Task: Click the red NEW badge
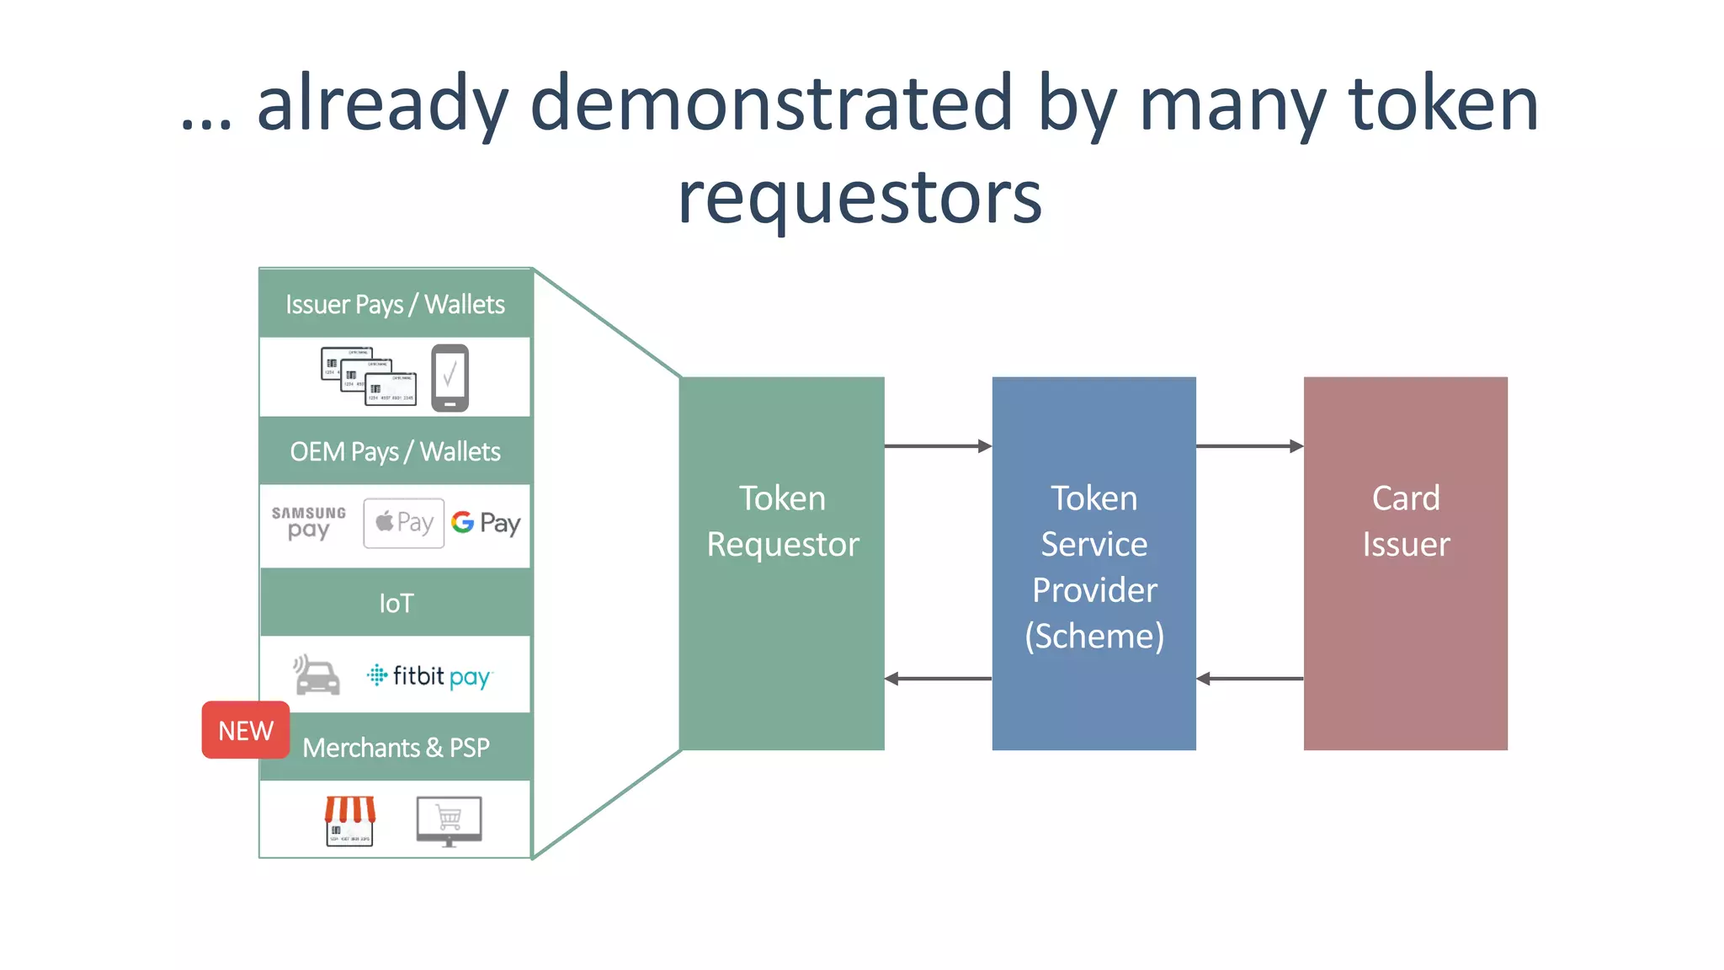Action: [245, 730]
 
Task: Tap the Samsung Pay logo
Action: [308, 522]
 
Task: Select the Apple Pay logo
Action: [404, 523]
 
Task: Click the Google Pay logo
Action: [486, 523]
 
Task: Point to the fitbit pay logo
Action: [429, 676]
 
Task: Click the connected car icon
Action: [317, 675]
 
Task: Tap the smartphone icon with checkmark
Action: [450, 377]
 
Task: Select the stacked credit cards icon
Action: [369, 376]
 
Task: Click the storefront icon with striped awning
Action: [350, 820]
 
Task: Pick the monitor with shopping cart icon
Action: [449, 820]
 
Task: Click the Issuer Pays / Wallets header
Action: [395, 304]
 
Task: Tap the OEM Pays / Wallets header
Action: [395, 451]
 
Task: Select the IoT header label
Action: [396, 603]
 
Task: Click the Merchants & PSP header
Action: [396, 748]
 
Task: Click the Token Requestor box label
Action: [782, 521]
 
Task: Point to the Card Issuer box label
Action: [1406, 521]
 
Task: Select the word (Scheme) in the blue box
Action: [1094, 637]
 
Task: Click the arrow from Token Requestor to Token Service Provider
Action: [938, 446]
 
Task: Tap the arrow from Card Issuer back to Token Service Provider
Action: [1249, 679]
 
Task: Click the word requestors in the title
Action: [859, 198]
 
